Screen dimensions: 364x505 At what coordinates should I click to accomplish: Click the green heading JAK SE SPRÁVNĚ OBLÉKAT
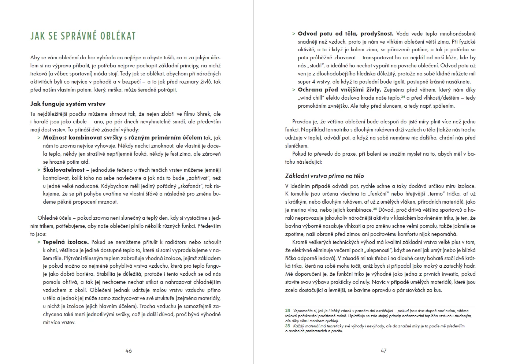(83, 36)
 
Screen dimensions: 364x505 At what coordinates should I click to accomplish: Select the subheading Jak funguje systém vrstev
(68, 104)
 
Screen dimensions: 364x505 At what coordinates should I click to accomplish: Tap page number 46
(129, 350)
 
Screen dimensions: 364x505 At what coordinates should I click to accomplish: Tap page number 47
(383, 350)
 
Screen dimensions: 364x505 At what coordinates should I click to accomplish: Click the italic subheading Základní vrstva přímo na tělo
(324, 176)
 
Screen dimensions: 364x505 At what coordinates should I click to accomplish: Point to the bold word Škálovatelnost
(64, 170)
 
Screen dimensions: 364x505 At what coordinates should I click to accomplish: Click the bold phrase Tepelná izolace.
(66, 242)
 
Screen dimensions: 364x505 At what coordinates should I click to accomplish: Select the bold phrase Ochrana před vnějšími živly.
(339, 90)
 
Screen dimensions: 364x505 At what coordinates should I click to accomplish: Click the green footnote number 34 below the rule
(288, 311)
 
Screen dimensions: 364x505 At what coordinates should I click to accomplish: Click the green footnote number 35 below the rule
(288, 326)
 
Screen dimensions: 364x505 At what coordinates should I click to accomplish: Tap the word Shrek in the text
(204, 114)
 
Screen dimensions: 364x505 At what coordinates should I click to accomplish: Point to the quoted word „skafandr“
(189, 186)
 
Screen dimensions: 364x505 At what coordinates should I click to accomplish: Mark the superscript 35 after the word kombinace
(375, 209)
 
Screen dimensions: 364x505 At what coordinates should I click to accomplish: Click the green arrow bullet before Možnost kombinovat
(39, 138)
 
